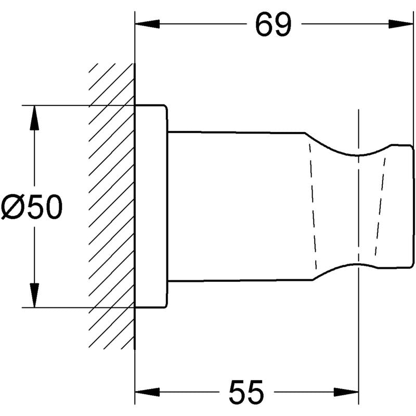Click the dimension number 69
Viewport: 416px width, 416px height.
tap(272, 24)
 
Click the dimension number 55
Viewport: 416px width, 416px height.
tap(246, 392)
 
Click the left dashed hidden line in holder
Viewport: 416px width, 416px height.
tap(312, 208)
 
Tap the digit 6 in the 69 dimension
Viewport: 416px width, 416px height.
tap(264, 24)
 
